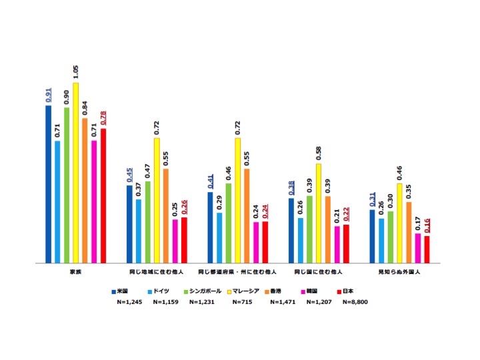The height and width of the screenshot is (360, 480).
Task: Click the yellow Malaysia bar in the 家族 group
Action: [x=76, y=173]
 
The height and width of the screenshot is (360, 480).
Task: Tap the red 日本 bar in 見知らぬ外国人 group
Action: [x=427, y=250]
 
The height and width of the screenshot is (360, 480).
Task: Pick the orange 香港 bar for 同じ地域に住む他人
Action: [x=166, y=216]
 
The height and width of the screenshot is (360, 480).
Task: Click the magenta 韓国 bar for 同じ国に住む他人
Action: [x=337, y=245]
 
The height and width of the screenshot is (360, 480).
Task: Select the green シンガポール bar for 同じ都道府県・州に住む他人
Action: [x=229, y=223]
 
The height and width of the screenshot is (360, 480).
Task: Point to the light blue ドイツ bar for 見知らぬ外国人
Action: [x=381, y=241]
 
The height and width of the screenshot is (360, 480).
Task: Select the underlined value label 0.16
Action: [x=427, y=225]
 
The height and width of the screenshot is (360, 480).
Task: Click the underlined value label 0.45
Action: [x=129, y=175]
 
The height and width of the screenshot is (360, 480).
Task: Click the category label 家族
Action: [x=75, y=273]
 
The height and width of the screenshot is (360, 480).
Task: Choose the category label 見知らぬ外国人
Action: [x=399, y=273]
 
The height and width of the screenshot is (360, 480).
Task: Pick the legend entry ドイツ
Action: [x=159, y=291]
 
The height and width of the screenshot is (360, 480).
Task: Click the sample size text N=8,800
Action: [x=355, y=302]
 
